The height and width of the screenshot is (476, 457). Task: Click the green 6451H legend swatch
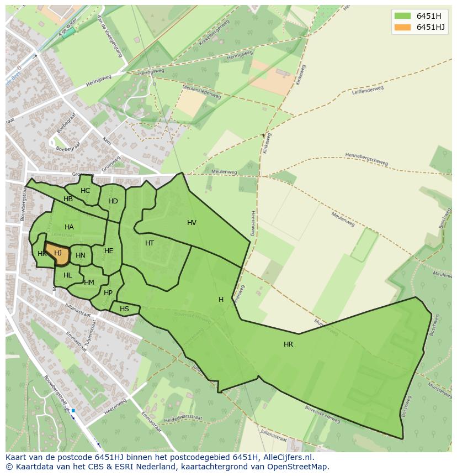point(402,16)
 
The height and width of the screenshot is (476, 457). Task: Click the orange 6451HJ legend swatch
point(402,27)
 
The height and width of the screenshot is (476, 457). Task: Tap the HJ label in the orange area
point(58,253)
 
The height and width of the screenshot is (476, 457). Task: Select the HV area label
point(192,223)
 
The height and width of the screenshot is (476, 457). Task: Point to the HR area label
point(288,344)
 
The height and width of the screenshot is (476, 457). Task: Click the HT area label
point(150,243)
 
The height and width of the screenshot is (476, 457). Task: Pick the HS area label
point(124,309)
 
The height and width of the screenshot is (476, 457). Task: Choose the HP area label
point(108,293)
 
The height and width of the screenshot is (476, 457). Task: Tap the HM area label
point(89,283)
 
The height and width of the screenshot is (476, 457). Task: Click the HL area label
point(68,275)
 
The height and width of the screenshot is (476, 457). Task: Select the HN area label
point(81,255)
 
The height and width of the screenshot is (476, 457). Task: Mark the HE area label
point(109,251)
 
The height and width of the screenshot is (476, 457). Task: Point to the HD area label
point(113,201)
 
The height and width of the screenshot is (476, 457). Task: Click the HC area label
point(85,191)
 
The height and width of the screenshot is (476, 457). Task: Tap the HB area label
point(68,199)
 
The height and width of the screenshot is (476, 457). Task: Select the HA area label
point(69,227)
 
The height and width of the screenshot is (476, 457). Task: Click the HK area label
point(42,254)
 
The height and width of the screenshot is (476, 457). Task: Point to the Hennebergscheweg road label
point(366,159)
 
